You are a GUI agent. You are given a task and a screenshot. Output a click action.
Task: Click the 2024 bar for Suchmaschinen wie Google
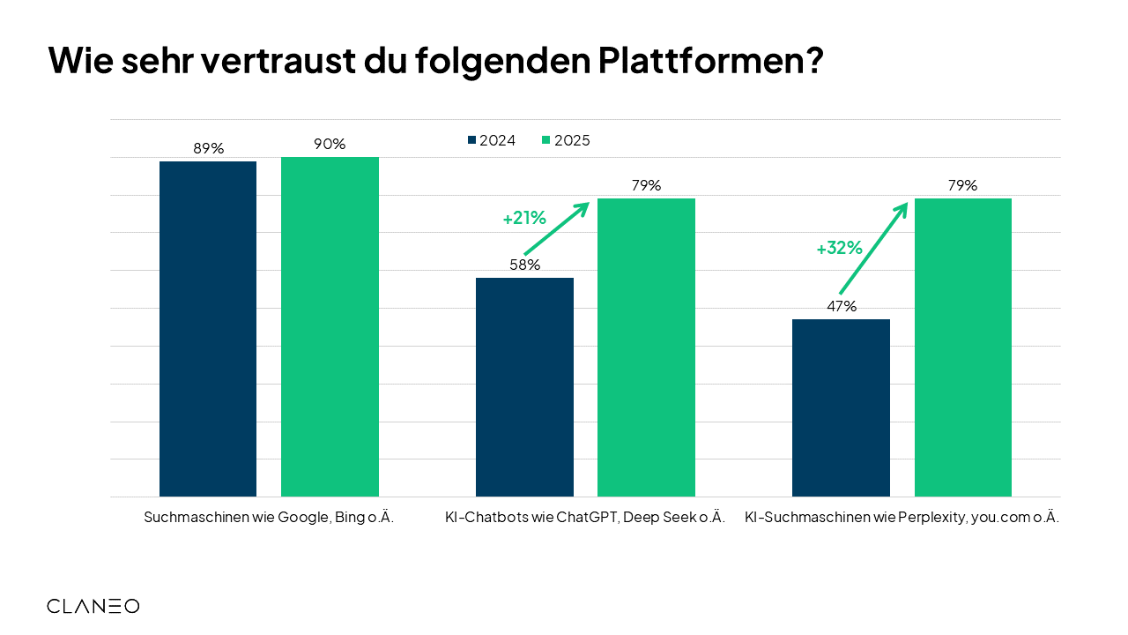(x=208, y=329)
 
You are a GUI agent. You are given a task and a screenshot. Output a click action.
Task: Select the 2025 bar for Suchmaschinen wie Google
(x=330, y=327)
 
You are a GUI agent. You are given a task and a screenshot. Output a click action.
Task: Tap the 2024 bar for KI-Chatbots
(x=524, y=387)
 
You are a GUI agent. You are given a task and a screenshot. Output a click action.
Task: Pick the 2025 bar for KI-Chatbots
(x=646, y=347)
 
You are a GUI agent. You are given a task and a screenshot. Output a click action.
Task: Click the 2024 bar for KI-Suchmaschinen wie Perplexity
(x=841, y=407)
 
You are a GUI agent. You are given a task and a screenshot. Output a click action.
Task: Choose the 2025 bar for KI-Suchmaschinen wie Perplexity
(x=962, y=347)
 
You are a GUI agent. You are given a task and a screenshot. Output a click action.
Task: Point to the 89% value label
(x=209, y=148)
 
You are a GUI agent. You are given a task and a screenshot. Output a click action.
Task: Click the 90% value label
(x=330, y=144)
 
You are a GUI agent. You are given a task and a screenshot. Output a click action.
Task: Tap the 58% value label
(x=524, y=265)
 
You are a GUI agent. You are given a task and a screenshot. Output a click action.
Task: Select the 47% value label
(x=842, y=306)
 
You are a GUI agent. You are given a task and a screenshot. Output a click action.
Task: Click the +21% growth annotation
(x=524, y=218)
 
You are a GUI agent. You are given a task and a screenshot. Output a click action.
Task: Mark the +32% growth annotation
(x=839, y=249)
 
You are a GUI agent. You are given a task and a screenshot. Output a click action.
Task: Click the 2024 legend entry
(x=492, y=140)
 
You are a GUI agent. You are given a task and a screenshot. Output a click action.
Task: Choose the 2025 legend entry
(x=566, y=140)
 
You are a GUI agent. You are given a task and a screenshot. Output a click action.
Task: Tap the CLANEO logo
(x=93, y=606)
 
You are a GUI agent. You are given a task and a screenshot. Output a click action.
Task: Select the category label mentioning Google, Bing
(x=269, y=519)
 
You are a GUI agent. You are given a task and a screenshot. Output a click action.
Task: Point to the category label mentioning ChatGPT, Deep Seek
(x=585, y=519)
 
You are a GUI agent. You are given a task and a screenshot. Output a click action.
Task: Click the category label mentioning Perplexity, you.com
(x=902, y=519)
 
